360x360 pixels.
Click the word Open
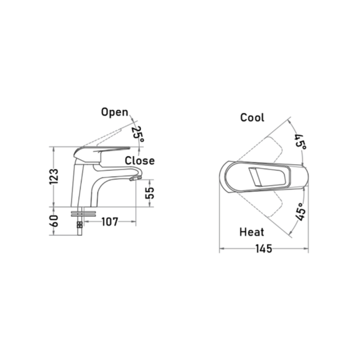(115, 112)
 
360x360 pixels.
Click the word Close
(140, 161)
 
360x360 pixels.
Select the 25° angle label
(138, 134)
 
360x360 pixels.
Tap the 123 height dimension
(54, 176)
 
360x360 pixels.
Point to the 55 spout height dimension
(150, 192)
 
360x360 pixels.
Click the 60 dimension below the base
(54, 221)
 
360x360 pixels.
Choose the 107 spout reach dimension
(109, 222)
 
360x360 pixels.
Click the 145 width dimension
(264, 249)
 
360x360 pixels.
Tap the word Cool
(252, 118)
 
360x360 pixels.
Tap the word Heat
(252, 232)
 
